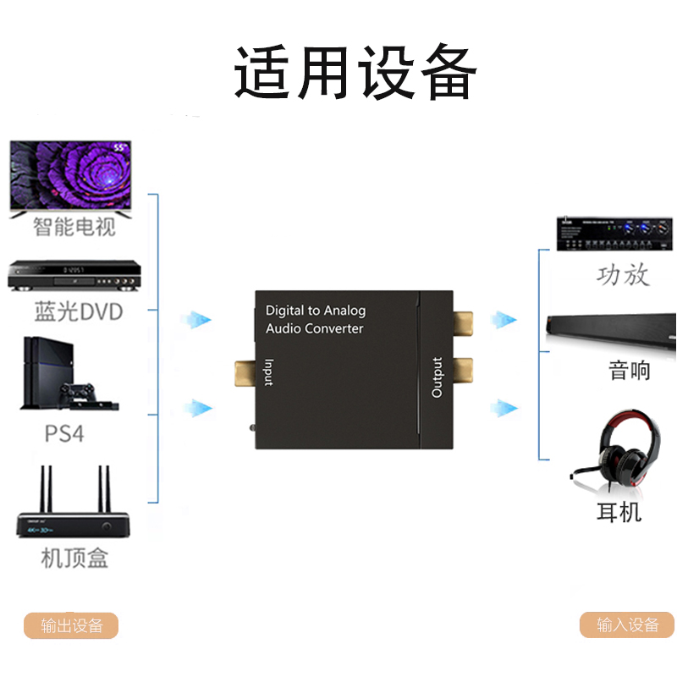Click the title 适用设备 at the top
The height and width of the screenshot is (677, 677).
click(355, 74)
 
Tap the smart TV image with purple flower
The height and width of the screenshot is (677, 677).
click(71, 176)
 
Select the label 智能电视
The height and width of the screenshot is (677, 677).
click(74, 227)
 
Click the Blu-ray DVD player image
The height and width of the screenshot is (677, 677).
click(73, 275)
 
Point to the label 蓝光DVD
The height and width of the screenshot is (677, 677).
click(78, 311)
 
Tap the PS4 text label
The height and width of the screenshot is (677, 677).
click(65, 434)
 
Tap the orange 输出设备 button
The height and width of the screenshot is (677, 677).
click(71, 625)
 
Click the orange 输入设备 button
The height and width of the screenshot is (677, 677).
click(627, 625)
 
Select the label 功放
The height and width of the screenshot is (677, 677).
click(623, 275)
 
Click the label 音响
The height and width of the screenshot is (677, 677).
click(630, 370)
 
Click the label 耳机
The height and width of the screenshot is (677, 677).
click(619, 512)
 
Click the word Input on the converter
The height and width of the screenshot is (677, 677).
click(268, 372)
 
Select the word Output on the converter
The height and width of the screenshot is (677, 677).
click(437, 377)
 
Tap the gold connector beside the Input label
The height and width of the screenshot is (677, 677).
click(244, 370)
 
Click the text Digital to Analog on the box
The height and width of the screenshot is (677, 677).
click(316, 311)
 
